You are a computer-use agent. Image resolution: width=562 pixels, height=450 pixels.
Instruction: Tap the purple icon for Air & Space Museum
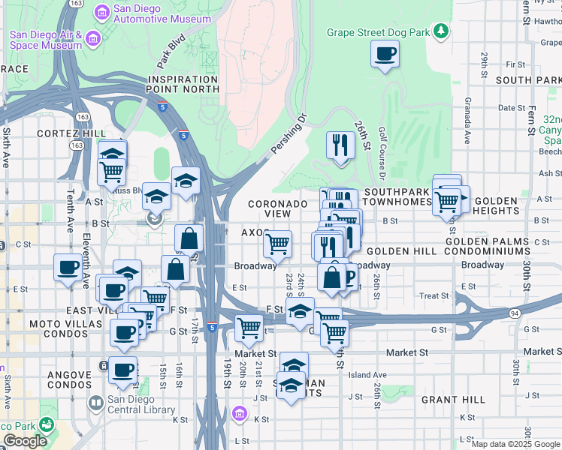[x=93, y=37]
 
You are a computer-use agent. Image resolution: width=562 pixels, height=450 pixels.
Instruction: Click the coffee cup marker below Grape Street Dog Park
[x=385, y=54]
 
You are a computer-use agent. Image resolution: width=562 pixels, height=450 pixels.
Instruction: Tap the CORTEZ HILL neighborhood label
[x=69, y=133]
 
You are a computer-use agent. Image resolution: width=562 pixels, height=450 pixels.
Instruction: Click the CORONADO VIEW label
[x=278, y=208]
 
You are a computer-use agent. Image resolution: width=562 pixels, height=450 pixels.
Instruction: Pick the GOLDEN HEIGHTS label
[x=495, y=206]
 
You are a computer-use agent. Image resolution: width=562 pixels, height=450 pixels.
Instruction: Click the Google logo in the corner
[x=25, y=441]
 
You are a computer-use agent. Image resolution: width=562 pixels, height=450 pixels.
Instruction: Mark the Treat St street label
[x=434, y=296]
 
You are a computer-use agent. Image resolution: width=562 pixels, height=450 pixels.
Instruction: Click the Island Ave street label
[x=367, y=375]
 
